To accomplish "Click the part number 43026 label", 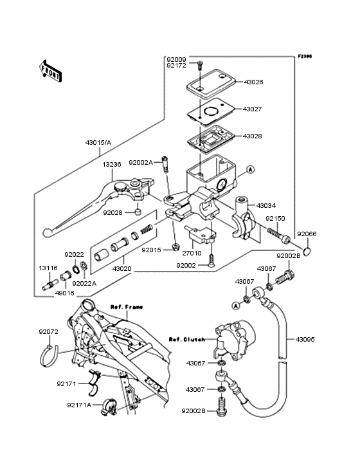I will point(253,82).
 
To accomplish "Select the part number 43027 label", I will point(253,109).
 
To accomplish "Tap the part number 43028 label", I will point(253,136).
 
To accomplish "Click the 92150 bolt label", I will point(275,219).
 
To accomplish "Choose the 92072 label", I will point(48,332).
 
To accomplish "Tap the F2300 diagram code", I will point(305,57).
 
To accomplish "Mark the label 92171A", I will point(79,405).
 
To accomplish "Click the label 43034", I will point(266,206).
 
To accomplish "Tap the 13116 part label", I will point(48,268).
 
